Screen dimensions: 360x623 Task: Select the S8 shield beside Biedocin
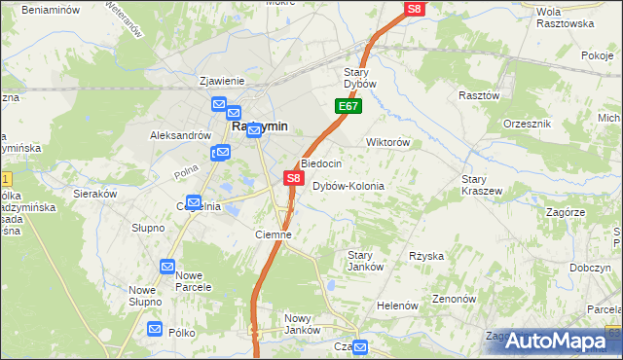(x=293, y=178)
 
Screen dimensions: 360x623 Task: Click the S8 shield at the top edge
(x=415, y=9)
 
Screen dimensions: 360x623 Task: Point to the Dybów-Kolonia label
(x=348, y=186)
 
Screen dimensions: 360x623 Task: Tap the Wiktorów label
(x=386, y=142)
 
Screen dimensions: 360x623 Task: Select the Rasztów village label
(x=479, y=95)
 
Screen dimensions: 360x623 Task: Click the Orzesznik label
(x=528, y=125)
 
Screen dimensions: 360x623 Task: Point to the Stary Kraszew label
(x=482, y=185)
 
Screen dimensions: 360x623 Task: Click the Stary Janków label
(x=366, y=261)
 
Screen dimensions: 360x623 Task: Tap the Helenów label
(x=396, y=306)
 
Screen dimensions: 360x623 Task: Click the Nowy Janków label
(x=303, y=324)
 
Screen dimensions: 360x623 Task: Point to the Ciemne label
(x=274, y=234)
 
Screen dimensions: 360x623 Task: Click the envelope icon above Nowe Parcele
(x=167, y=267)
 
